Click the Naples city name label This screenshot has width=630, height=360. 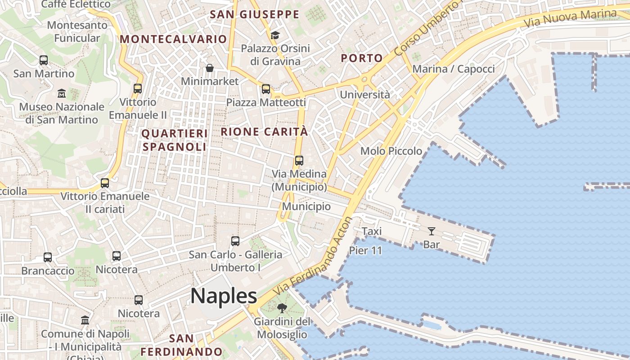point(224,296)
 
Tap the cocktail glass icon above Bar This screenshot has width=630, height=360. point(432,231)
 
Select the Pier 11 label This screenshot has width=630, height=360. point(365,251)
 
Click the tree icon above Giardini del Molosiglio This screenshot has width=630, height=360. point(282,308)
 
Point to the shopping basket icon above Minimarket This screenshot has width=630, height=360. point(210,68)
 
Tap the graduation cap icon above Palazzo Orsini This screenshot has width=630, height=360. point(275,35)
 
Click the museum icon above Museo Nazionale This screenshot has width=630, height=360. point(62,94)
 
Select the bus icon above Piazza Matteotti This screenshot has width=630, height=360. point(266,89)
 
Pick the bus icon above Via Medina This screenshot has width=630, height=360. point(299,160)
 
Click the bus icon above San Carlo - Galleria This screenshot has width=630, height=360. point(235,241)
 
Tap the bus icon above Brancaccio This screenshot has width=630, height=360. point(48,257)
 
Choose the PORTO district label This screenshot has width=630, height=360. point(361,58)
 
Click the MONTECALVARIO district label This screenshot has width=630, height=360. point(173,39)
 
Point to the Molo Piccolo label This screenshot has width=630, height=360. point(391,151)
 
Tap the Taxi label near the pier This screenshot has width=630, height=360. point(372,231)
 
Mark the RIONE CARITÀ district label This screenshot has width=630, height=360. point(265,132)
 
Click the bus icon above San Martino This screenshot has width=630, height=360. point(44,60)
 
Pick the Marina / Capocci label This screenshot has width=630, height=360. point(453,69)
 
